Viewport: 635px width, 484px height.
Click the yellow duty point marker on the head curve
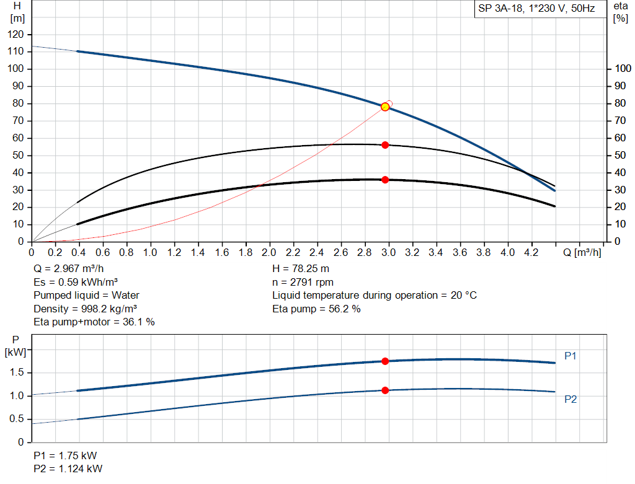[x=385, y=107]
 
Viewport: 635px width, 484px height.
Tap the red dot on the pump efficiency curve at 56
[x=385, y=144]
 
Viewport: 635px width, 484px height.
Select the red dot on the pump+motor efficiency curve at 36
[x=385, y=180]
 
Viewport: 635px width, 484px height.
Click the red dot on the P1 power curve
[x=385, y=361]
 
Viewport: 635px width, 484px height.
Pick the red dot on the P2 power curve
[x=385, y=390]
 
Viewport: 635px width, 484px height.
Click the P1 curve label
[x=571, y=356]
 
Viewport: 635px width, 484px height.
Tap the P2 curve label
[x=571, y=400]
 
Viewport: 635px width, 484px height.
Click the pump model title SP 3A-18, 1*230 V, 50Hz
[x=536, y=9]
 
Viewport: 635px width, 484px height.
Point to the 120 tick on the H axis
[x=17, y=34]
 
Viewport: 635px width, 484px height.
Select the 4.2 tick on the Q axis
[x=531, y=253]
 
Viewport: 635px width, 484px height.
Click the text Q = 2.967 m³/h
[x=69, y=269]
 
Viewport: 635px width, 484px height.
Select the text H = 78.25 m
[x=301, y=269]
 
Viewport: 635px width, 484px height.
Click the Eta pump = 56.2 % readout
[x=316, y=309]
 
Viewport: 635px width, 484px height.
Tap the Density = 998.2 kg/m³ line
[x=86, y=309]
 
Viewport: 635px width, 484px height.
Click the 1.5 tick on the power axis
[x=17, y=372]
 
